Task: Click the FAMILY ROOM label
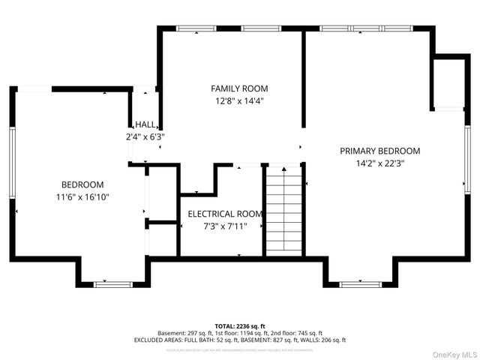click(239, 88)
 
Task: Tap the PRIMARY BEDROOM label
click(379, 151)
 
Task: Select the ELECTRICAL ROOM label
click(225, 214)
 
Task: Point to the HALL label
click(145, 125)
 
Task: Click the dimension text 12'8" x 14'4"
click(239, 100)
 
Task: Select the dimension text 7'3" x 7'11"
click(225, 226)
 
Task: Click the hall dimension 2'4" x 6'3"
click(145, 137)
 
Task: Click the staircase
click(284, 210)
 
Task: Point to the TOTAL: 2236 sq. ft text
click(239, 326)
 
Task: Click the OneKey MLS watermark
click(454, 354)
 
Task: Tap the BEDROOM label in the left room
click(82, 184)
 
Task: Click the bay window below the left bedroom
click(112, 284)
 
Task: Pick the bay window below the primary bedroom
click(360, 284)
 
